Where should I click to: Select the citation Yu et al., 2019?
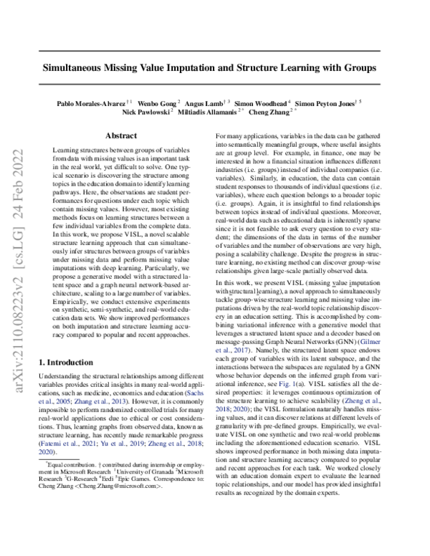pos(109,444)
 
